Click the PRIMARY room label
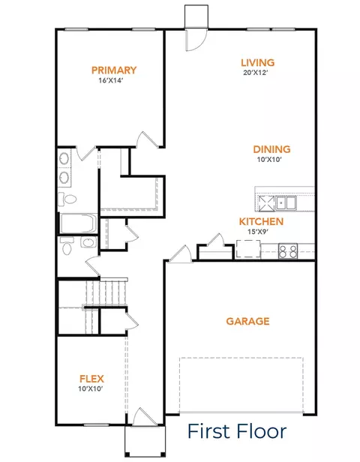click(114, 70)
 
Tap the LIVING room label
click(258, 62)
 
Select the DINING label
click(271, 149)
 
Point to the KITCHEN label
click(261, 221)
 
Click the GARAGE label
click(247, 321)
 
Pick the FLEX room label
click(91, 379)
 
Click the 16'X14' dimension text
click(110, 80)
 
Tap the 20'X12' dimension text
click(255, 73)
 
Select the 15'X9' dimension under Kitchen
click(258, 232)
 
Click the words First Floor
click(237, 431)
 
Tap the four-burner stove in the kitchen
click(288, 251)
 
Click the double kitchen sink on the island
click(286, 202)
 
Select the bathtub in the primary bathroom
click(78, 223)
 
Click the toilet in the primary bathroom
click(67, 199)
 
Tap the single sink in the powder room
click(88, 243)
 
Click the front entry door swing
click(144, 416)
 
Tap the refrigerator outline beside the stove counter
click(248, 249)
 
